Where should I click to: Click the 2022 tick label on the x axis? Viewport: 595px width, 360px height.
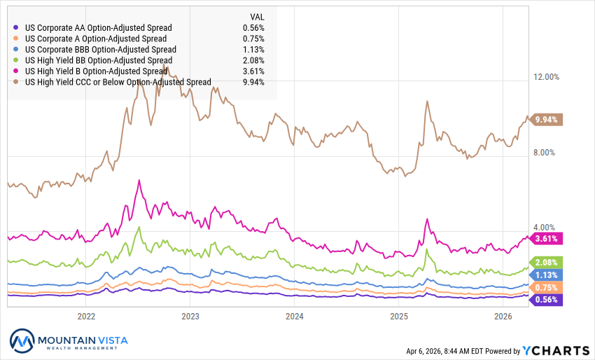(x=86, y=316)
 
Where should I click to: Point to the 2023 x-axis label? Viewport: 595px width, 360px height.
(x=190, y=316)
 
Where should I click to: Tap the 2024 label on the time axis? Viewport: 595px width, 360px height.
(x=294, y=316)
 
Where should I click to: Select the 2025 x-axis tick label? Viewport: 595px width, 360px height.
(x=398, y=316)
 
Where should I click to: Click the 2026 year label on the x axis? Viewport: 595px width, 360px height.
(x=503, y=316)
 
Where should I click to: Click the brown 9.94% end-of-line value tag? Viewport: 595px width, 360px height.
(x=546, y=120)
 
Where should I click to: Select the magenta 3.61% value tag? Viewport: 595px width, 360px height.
(x=546, y=239)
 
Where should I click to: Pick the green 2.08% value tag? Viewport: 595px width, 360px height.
(x=546, y=262)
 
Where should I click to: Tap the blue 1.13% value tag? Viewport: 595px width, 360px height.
(x=546, y=275)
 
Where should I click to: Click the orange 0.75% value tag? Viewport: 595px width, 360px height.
(x=546, y=287)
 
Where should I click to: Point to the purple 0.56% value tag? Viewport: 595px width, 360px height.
(x=546, y=300)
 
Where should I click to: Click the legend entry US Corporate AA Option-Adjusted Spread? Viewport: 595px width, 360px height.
(x=98, y=28)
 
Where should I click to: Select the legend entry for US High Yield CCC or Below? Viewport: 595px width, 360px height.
(x=118, y=82)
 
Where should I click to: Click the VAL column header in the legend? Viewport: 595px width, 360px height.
(x=257, y=16)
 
